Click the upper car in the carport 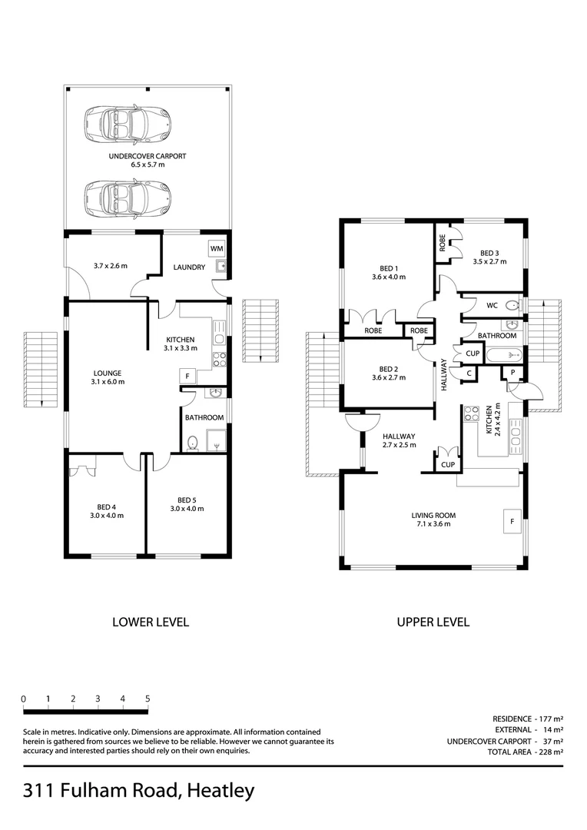[x=128, y=121]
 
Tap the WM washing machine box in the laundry [x=216, y=250]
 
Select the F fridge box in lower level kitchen [x=187, y=376]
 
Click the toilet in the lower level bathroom [x=193, y=443]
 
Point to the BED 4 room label [x=105, y=506]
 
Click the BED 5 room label [x=186, y=500]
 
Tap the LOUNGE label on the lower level [x=107, y=373]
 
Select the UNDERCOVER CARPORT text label [x=148, y=156]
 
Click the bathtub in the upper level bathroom [x=505, y=356]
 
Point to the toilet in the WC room [x=512, y=305]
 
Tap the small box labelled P [x=511, y=373]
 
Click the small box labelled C [x=468, y=373]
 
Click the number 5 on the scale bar [x=148, y=699]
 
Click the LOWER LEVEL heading [x=151, y=622]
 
